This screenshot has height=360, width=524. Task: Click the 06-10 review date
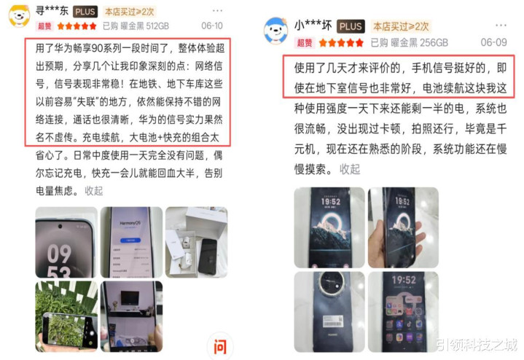tap(212, 26)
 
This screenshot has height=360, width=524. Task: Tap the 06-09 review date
tap(493, 42)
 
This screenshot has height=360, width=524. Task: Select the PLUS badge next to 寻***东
tap(85, 12)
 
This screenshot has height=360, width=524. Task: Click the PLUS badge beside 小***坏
tap(351, 26)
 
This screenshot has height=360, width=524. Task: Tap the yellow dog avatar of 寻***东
tap(19, 16)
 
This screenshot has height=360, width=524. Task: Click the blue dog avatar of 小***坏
tap(275, 31)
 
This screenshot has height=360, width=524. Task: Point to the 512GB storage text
tap(157, 26)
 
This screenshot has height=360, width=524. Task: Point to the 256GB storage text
tap(434, 42)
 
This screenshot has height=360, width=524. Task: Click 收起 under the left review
tap(93, 191)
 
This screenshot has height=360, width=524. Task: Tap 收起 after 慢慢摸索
tap(350, 169)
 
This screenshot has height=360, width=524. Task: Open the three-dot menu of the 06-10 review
tap(217, 11)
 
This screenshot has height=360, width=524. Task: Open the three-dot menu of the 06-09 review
tap(501, 26)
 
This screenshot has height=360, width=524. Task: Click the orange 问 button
tap(220, 347)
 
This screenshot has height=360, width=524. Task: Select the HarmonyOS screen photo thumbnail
tap(131, 242)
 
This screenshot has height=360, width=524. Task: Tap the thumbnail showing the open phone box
tap(197, 242)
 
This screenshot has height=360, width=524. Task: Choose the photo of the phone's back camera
tap(329, 312)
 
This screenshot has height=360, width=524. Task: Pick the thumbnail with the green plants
tap(66, 316)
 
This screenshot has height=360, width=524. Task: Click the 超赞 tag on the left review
tap(44, 26)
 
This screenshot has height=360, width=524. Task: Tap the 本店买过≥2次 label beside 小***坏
tap(401, 26)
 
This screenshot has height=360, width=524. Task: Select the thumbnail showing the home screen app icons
tap(403, 312)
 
